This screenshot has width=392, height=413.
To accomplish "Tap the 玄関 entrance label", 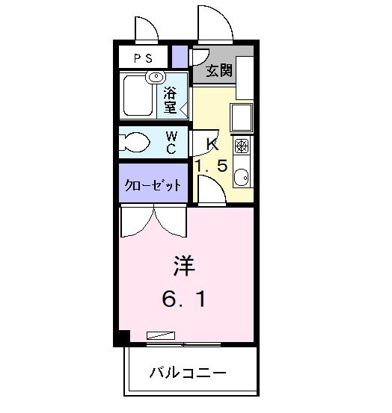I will tap(218, 71).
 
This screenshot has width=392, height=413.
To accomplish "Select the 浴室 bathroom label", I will tap(171, 100).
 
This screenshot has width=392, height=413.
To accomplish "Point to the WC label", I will tap(171, 141).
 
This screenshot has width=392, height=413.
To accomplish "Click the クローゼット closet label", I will tap(152, 185).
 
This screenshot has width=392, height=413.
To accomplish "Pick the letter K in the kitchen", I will tap(211, 144).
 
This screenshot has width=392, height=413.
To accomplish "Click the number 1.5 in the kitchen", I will tap(211, 166).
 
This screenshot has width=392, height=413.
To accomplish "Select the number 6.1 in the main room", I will tap(184, 300).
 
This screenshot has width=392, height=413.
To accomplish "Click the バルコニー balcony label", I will tap(187, 372).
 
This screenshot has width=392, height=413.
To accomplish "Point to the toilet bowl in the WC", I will tap(134, 142).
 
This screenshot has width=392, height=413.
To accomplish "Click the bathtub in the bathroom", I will tap(138, 99).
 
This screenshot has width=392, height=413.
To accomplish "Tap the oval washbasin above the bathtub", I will tap(156, 76).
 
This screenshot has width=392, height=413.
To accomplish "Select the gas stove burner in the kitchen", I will tap(242, 145).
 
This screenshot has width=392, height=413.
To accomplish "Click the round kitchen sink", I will tap(242, 178).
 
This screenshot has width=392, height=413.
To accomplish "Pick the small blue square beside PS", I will tap(179, 57).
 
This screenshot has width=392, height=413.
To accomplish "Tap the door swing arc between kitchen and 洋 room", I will tap(211, 191).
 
